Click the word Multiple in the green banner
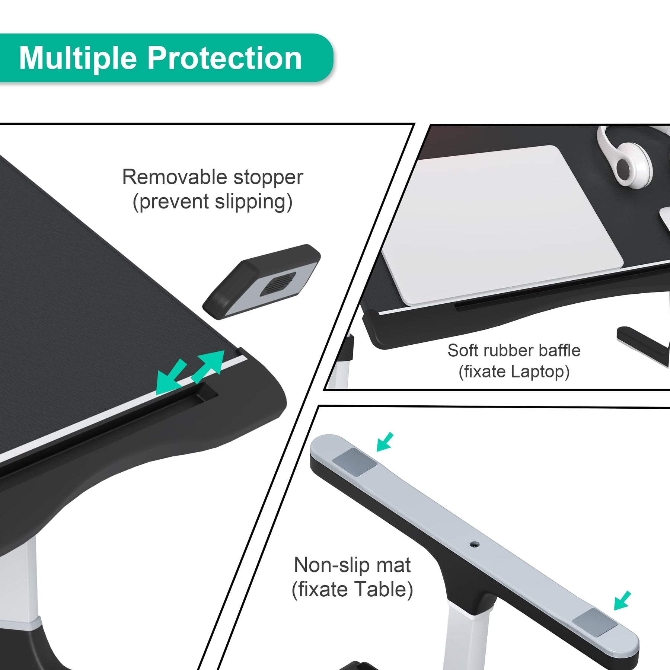click(78, 58)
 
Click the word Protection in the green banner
click(225, 58)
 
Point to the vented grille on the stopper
click(278, 284)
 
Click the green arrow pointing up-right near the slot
click(208, 367)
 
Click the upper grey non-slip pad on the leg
click(354, 462)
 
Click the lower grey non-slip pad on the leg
click(595, 622)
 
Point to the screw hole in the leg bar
click(474, 545)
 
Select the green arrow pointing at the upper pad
click(385, 442)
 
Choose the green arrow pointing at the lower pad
click(622, 600)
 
